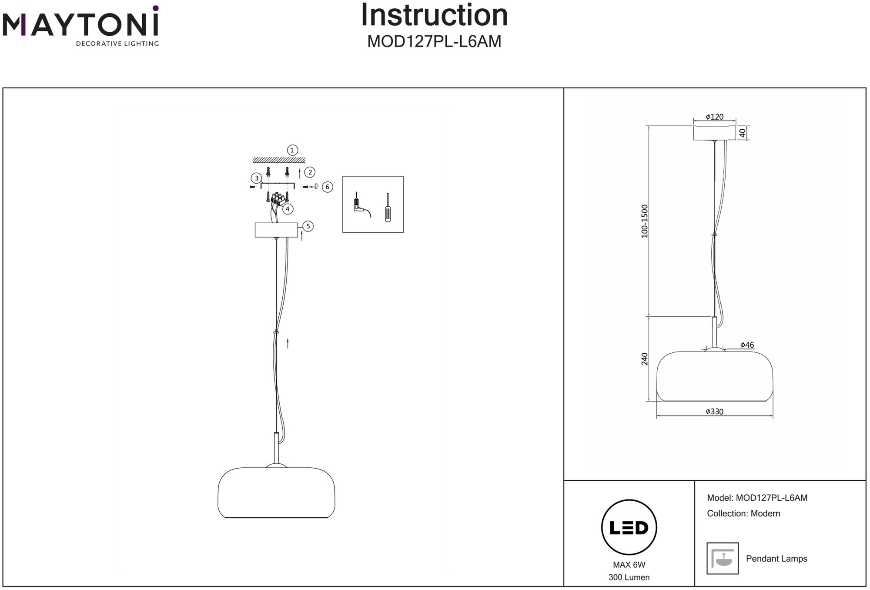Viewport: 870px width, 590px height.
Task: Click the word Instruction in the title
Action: [x=434, y=16]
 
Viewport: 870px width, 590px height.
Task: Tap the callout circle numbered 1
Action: [x=292, y=150]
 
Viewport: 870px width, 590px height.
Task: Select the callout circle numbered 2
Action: [x=310, y=172]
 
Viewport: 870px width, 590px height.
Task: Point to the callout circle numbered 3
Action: [x=257, y=178]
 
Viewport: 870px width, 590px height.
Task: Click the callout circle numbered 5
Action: [x=308, y=226]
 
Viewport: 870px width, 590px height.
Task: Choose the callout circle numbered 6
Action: [x=328, y=187]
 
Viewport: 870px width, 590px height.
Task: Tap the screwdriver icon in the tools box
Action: [x=388, y=208]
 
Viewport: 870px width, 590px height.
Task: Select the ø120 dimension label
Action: [x=714, y=117]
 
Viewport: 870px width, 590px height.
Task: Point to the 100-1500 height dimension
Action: [x=645, y=221]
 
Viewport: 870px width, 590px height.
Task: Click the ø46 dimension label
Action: [x=747, y=345]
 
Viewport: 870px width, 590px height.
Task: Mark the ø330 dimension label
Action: [x=714, y=412]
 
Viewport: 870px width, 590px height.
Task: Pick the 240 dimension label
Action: [x=645, y=359]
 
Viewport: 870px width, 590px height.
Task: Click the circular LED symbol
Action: [x=629, y=528]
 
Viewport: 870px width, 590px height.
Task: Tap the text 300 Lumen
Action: [x=629, y=577]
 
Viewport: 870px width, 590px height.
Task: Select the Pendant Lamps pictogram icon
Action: [x=723, y=558]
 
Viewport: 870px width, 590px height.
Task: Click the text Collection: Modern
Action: [x=743, y=513]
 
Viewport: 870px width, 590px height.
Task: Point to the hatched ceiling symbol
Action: [x=279, y=160]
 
